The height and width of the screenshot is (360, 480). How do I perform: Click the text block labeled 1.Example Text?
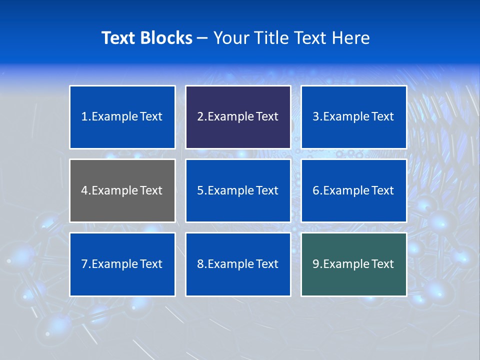[122, 117]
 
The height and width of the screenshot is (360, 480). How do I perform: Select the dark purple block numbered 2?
[238, 117]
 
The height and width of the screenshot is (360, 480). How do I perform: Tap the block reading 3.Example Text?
[354, 117]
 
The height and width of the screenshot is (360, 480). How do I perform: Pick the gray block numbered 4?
[122, 190]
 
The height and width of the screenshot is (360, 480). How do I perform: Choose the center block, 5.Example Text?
[238, 190]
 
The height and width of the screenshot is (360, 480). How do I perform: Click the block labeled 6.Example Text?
[354, 190]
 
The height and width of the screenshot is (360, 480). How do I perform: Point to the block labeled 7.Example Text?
[122, 264]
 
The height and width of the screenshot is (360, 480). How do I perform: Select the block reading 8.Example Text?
[238, 264]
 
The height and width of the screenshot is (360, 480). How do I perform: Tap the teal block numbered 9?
[354, 264]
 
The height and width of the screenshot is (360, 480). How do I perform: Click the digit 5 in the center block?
[200, 190]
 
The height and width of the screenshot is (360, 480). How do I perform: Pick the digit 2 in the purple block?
[200, 117]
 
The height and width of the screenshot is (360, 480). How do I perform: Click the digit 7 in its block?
[84, 264]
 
